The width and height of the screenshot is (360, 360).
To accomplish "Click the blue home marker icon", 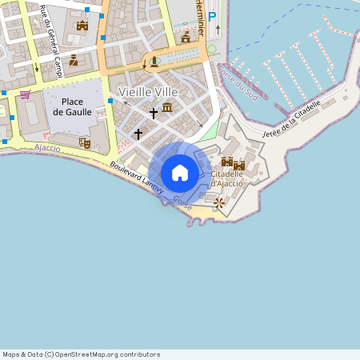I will pyautogui.click(x=180, y=173).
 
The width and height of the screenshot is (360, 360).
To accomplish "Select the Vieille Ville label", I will pyautogui.click(x=149, y=92).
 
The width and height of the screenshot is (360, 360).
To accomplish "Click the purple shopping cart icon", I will pyautogui.click(x=26, y=94).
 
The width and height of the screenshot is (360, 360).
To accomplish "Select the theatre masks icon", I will pyautogui.click(x=85, y=143).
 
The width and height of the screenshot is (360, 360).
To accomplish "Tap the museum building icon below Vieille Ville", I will pyautogui.click(x=167, y=107).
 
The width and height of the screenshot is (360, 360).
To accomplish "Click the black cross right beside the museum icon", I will pyautogui.click(x=154, y=114).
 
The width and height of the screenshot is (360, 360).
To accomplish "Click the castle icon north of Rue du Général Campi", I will pyautogui.click(x=82, y=26).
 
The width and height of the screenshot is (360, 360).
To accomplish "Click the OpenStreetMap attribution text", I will pyautogui.click(x=81, y=354).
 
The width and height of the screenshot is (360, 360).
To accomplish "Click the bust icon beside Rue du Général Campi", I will pyautogui.click(x=74, y=60).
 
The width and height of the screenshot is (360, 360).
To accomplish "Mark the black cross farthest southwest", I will pyautogui.click(x=138, y=134).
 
